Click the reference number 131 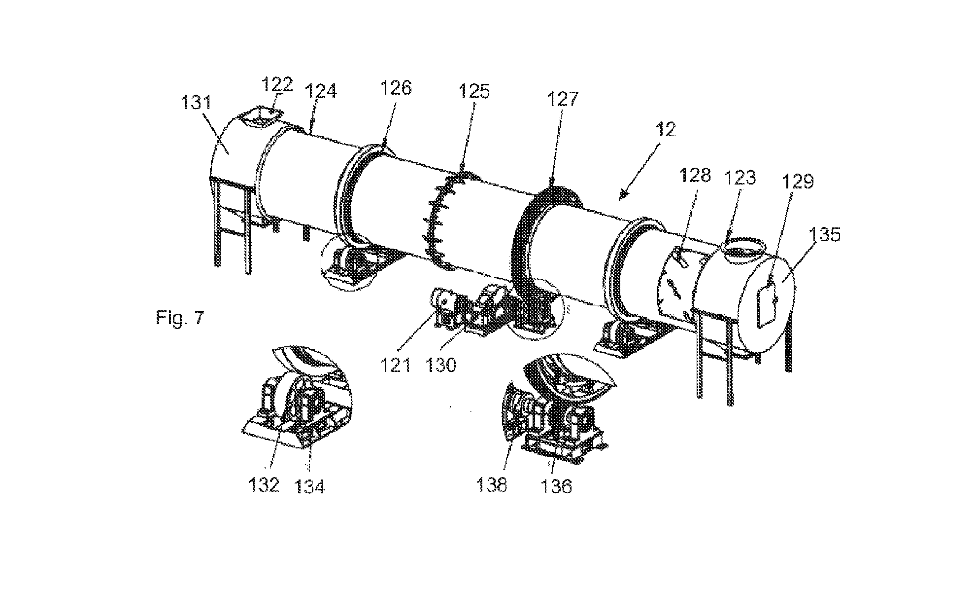195,103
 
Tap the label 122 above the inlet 276,84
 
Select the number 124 321,92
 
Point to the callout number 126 396,88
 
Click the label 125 473,92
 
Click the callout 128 695,175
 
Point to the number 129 798,182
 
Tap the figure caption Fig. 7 179,318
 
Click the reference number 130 441,366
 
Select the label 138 491,485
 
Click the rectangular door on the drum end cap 766,304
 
